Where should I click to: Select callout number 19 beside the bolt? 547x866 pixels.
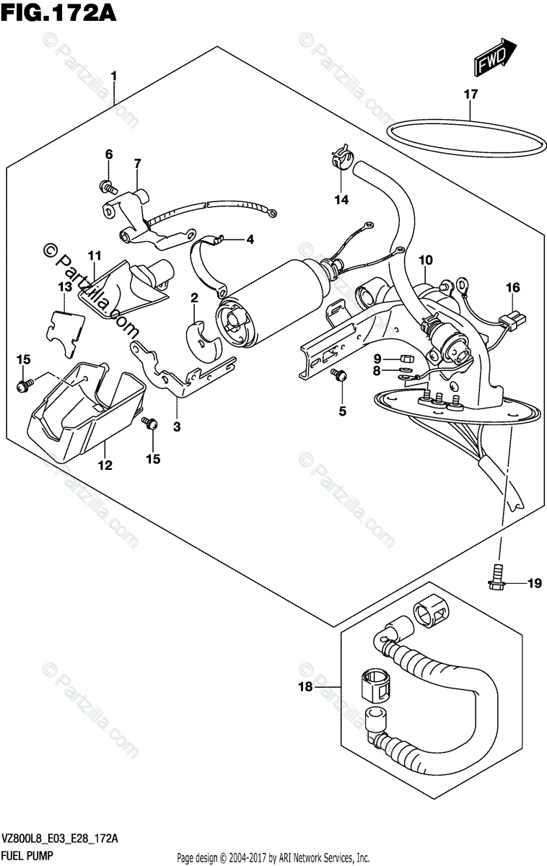[534, 584]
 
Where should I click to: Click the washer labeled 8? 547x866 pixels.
[406, 373]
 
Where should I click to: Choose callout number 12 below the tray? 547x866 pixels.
[105, 465]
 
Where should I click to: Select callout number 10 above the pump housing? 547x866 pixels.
[424, 260]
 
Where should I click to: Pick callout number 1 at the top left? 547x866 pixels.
[113, 76]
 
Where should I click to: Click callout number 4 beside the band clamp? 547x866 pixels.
[250, 240]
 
